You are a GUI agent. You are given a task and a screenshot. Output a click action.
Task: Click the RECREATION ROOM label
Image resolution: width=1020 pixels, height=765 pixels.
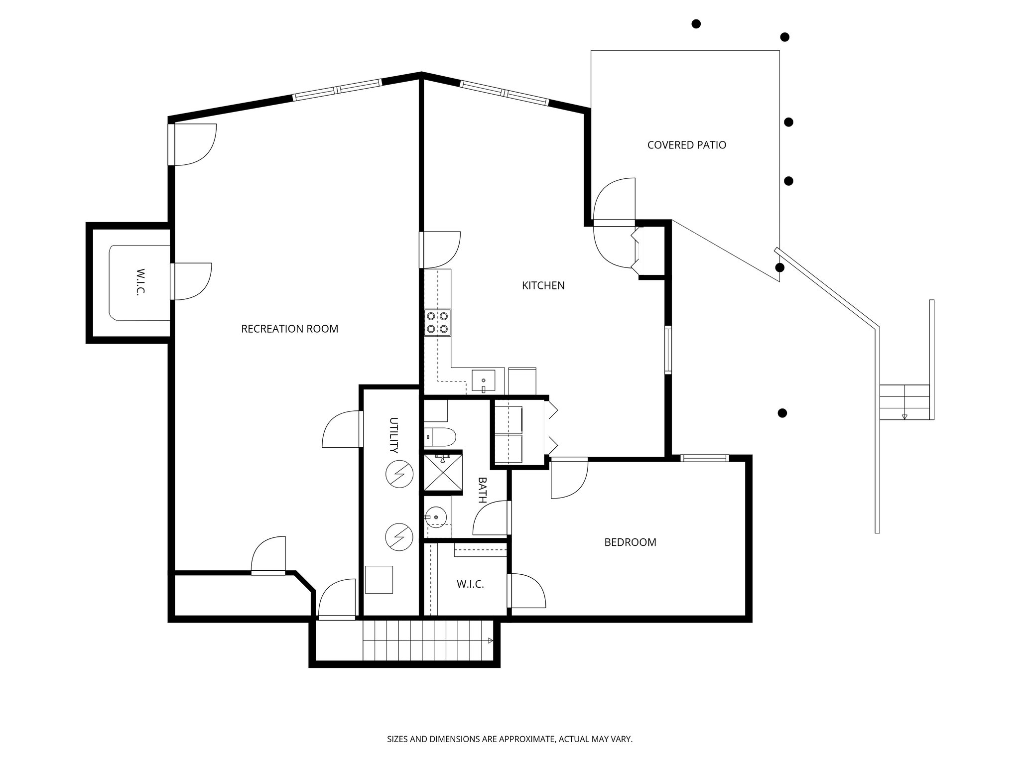click(x=289, y=329)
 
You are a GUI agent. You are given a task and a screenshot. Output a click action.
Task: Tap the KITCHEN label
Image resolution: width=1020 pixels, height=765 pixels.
click(x=543, y=285)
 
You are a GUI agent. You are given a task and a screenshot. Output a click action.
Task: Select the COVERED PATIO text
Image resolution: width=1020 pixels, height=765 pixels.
click(x=686, y=145)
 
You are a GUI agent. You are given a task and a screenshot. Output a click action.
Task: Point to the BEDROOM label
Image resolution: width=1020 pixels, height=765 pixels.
click(x=630, y=542)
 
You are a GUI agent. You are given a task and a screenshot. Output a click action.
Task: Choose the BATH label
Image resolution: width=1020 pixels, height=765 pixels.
click(x=482, y=490)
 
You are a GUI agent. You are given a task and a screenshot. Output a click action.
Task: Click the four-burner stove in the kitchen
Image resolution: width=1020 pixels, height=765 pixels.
click(x=438, y=322)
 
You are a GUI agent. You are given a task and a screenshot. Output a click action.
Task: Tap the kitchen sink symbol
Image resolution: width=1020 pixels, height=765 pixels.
click(x=483, y=381)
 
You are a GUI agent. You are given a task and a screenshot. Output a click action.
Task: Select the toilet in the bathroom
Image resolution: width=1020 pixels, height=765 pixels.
click(x=440, y=437)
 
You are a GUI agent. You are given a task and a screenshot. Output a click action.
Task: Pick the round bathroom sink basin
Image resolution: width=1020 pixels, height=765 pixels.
click(x=436, y=518)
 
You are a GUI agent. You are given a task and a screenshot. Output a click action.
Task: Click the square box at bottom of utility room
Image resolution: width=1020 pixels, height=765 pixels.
click(x=379, y=579)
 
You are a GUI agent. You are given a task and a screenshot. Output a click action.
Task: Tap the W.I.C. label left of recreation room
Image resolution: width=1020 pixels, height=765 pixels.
click(x=140, y=282)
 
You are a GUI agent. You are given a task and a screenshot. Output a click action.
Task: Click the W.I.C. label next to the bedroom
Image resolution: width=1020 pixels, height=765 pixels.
click(x=470, y=584)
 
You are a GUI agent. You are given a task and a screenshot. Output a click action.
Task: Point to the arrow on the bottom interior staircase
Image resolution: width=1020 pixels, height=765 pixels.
click(x=490, y=640)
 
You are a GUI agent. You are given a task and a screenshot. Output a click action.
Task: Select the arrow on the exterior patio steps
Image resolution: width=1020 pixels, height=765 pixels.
click(x=904, y=416)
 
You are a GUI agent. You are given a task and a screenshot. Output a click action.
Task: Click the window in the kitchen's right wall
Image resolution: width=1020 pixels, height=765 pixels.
click(x=668, y=350)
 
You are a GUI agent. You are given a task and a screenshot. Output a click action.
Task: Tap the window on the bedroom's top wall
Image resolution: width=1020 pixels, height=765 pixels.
click(x=704, y=458)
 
